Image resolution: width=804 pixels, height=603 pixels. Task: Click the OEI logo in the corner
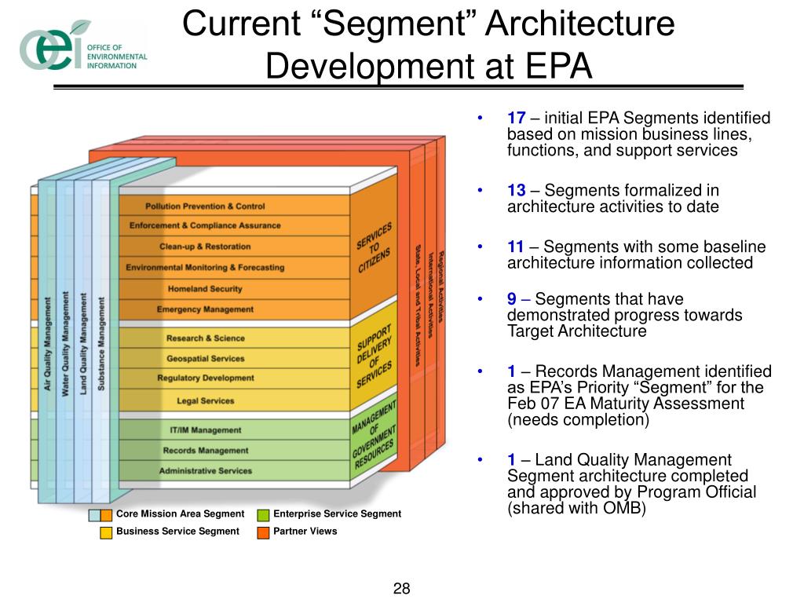point(55,47)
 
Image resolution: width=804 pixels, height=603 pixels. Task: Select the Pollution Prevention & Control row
point(205,206)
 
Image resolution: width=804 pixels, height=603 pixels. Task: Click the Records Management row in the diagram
point(206,451)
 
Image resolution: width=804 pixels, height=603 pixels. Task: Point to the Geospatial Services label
point(206,358)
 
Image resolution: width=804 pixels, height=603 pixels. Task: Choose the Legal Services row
point(206,400)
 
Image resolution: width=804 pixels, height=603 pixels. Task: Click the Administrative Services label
point(206,471)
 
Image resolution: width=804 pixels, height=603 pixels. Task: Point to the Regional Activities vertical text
point(443,287)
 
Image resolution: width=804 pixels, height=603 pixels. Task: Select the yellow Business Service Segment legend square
point(106,532)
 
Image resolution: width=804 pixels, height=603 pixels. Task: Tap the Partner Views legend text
point(305,532)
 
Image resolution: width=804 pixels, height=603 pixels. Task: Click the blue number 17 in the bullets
point(516,119)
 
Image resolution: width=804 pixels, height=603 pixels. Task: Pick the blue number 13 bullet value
point(516,191)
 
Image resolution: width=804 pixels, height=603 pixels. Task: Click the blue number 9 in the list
point(512,299)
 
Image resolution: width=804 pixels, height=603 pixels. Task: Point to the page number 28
point(402,589)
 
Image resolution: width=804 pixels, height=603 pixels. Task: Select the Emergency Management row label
point(205,309)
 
